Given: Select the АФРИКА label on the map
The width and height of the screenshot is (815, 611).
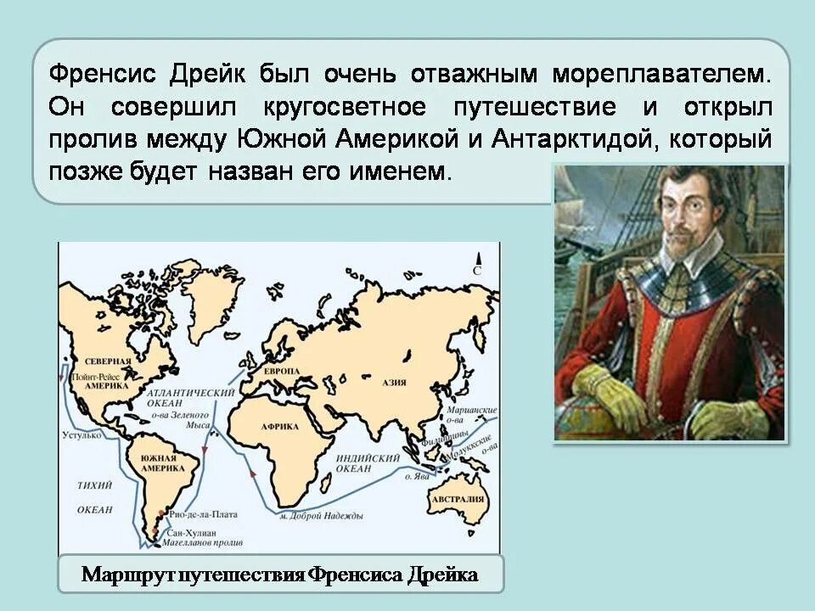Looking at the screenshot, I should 279,426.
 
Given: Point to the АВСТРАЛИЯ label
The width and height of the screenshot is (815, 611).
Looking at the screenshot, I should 458,499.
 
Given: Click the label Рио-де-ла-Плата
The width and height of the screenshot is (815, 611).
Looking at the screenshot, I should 203,514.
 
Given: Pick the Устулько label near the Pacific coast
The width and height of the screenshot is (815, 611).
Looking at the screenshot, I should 82,434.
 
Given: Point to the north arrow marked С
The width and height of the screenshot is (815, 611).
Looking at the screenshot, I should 477,263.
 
